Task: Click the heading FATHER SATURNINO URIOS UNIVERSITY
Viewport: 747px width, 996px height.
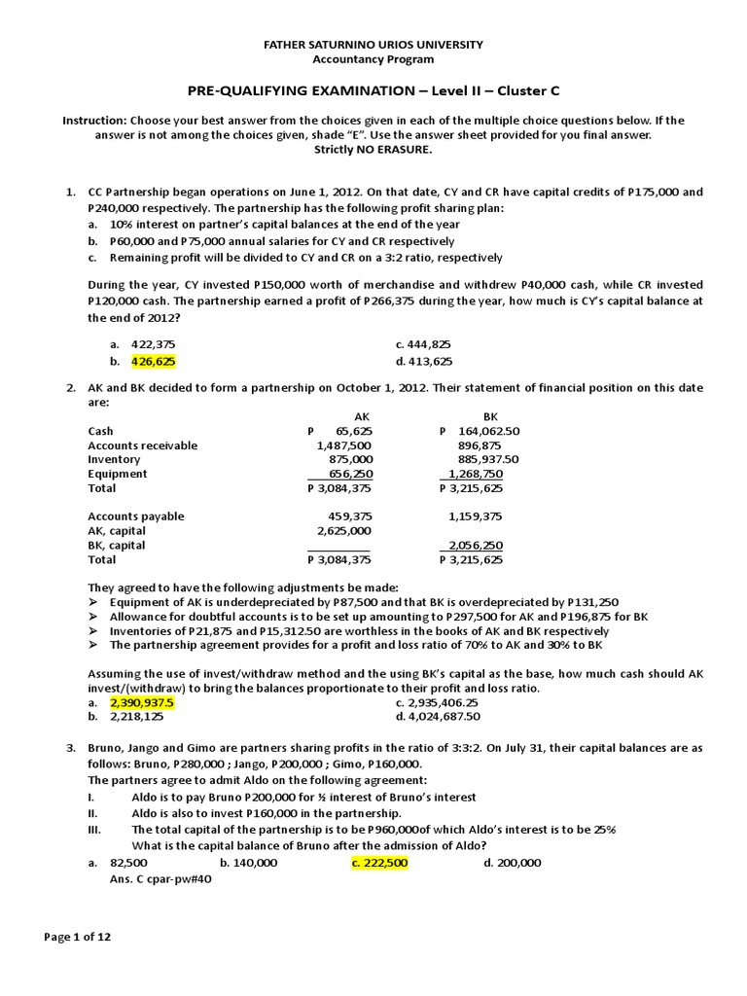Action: click(x=373, y=45)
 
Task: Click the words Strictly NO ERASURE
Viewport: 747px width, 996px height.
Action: click(x=373, y=150)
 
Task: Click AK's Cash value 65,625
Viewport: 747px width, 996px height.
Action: click(x=353, y=430)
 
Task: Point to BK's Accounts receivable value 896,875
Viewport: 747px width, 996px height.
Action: click(x=483, y=445)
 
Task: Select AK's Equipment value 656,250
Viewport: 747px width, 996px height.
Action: click(x=347, y=474)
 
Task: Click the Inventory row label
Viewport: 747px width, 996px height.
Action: click(x=114, y=459)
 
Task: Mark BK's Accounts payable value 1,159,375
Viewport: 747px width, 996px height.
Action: click(x=476, y=516)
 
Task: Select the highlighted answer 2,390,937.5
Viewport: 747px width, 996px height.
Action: click(x=142, y=702)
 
